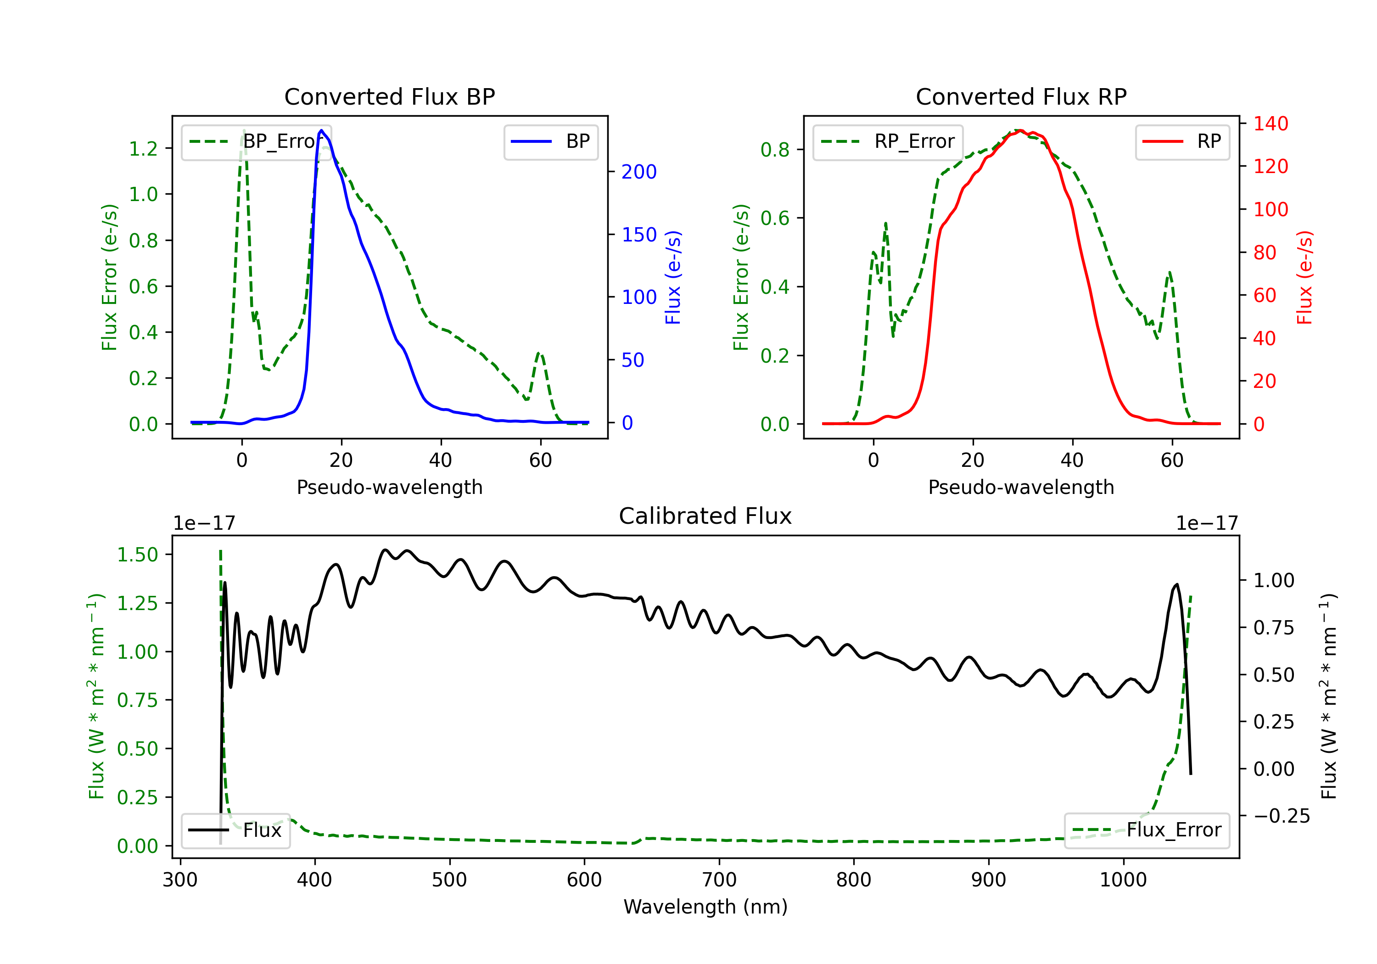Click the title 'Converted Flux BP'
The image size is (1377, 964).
390,96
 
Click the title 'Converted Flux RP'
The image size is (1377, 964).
1021,96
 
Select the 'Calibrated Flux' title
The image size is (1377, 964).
705,516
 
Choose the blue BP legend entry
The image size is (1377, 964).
550,141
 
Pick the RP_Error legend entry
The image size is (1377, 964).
888,141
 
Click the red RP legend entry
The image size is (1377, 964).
1182,141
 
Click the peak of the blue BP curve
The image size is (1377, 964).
321,130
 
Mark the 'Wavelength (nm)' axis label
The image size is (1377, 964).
705,907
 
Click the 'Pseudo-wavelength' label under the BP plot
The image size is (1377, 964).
390,487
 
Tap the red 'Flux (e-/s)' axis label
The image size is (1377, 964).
1305,278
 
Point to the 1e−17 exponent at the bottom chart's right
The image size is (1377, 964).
1207,523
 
